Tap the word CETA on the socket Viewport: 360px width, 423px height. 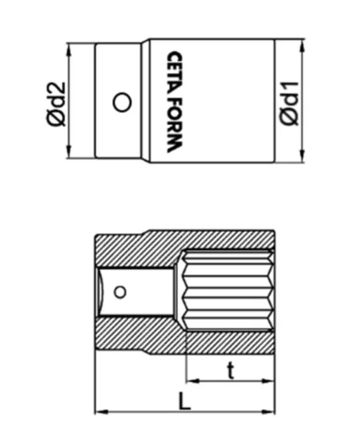click(x=174, y=71)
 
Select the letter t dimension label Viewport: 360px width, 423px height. click(x=230, y=370)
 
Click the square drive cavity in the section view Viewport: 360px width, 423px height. click(x=139, y=291)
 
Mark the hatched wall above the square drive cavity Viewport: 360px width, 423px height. click(x=136, y=250)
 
